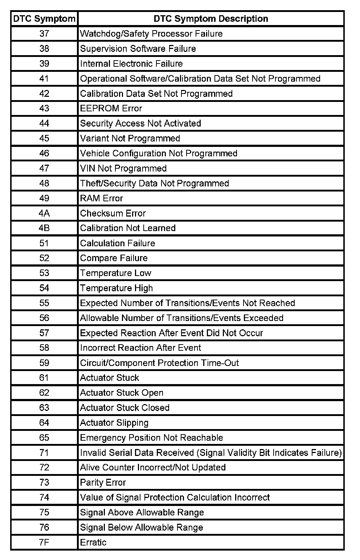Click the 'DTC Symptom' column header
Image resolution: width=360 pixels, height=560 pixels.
click(x=44, y=19)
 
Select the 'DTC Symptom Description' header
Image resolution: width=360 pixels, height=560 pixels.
click(x=211, y=19)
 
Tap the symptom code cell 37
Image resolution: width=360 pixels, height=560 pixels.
click(x=44, y=34)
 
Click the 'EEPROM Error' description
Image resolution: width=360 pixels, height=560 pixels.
click(x=111, y=108)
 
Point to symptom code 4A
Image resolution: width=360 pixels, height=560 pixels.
click(x=44, y=213)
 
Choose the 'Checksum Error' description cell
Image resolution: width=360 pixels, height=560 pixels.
click(x=113, y=213)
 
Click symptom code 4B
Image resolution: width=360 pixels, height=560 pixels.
click(x=44, y=228)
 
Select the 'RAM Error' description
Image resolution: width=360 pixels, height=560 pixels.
click(x=102, y=198)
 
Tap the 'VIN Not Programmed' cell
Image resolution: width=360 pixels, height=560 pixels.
click(x=123, y=168)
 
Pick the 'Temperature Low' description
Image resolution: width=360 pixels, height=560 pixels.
click(x=116, y=273)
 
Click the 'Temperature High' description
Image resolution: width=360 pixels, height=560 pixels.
click(x=116, y=288)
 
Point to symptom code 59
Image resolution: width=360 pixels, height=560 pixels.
click(x=44, y=363)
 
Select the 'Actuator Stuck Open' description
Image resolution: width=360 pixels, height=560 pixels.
click(x=122, y=393)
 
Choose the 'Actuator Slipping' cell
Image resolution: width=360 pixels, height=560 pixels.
click(x=114, y=423)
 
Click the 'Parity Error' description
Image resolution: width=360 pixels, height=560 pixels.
click(x=103, y=482)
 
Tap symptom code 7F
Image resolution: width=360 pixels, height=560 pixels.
click(x=44, y=542)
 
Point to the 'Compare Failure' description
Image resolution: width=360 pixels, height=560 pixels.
click(x=114, y=258)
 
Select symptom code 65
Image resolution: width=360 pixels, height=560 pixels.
click(x=44, y=437)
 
